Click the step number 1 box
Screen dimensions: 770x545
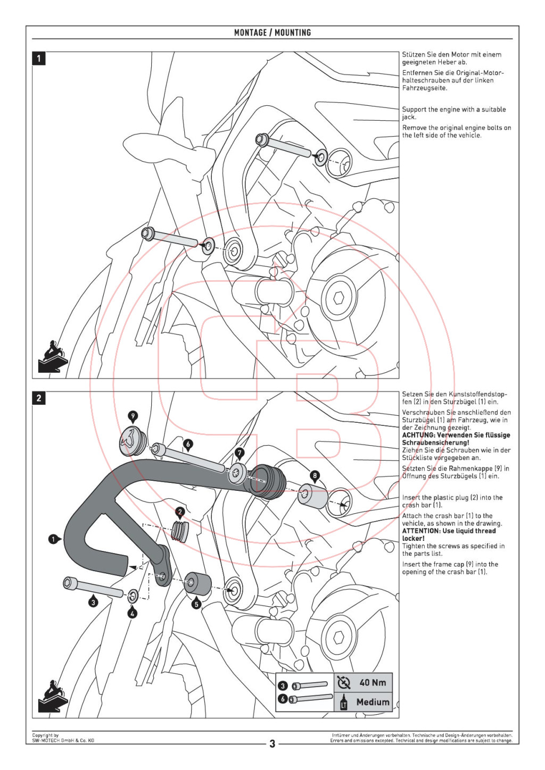point(39,58)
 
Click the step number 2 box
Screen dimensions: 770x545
point(39,398)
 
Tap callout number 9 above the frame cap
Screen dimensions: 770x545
point(133,416)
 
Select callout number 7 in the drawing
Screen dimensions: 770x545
point(240,453)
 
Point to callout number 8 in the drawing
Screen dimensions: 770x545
point(315,475)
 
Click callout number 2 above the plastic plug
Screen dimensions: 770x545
point(180,512)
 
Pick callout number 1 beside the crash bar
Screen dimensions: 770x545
point(53,539)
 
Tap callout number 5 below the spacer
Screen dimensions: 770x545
point(196,604)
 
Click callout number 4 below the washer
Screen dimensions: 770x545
point(133,613)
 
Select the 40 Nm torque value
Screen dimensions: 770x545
point(373,682)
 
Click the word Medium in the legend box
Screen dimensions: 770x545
point(373,702)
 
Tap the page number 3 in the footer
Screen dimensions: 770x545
point(272,743)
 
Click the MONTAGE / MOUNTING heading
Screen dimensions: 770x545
point(272,32)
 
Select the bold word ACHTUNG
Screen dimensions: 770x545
point(418,435)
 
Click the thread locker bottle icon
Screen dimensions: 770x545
point(343,702)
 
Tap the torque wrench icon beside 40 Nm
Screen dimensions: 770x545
point(344,682)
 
